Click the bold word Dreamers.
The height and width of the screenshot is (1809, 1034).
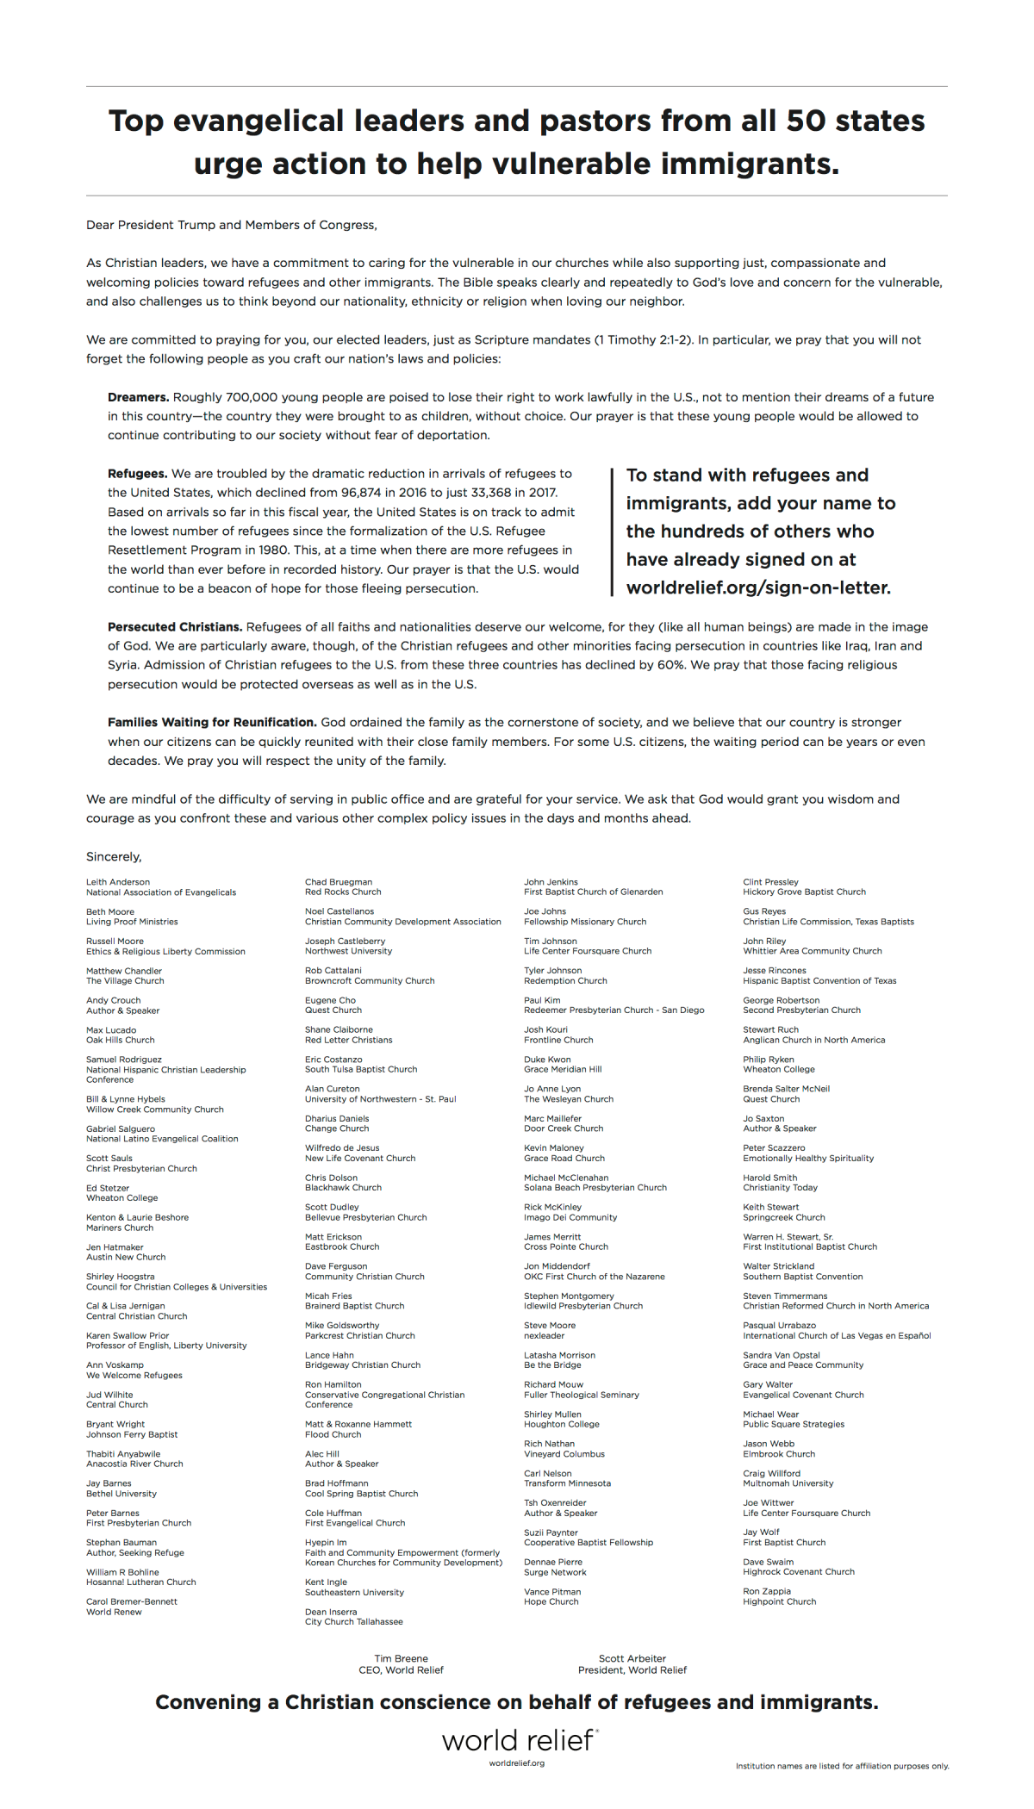coord(138,397)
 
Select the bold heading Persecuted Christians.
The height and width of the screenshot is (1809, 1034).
coord(175,627)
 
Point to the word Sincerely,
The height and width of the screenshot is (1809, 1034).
coord(114,857)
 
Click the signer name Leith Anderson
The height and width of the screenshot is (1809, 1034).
coord(118,882)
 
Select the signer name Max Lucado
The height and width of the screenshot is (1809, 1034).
coord(111,1030)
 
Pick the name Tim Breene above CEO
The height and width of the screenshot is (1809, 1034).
coord(401,1658)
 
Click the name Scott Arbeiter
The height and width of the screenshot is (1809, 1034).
coord(632,1658)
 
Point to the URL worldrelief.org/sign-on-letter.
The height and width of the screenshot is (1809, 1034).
coord(758,588)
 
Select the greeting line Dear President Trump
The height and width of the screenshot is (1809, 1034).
coord(231,226)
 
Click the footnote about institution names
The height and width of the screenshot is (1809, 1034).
coord(842,1766)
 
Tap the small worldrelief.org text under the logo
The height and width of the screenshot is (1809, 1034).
coord(517,1762)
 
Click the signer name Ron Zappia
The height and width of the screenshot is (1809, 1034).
coord(767,1592)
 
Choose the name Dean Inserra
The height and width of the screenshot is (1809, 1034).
coord(331,1612)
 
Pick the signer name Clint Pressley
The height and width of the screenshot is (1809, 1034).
coord(771,882)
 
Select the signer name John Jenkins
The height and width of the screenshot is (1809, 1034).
coord(551,882)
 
